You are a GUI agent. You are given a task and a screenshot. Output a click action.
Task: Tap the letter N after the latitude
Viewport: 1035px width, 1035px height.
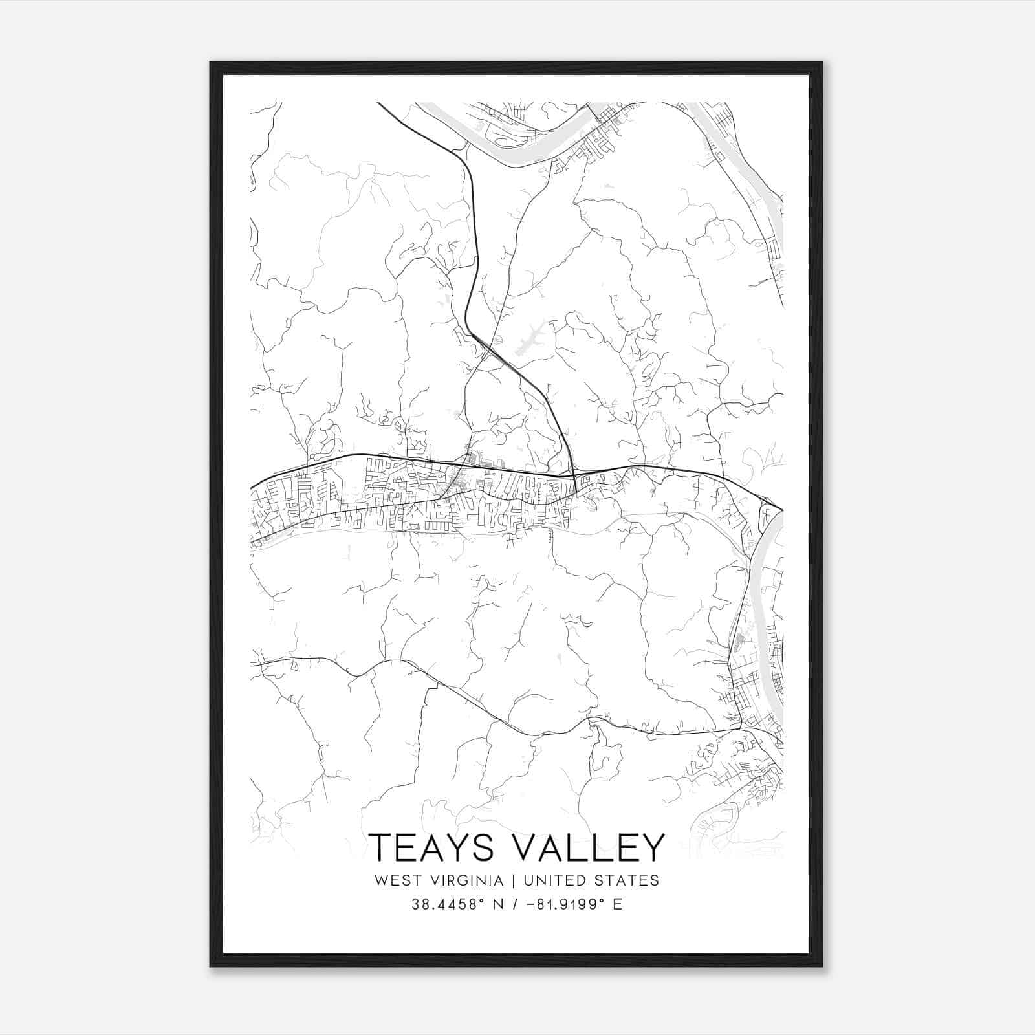coord(499,904)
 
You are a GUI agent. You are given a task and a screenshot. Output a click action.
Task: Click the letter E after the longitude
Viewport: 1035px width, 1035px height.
coord(617,904)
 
